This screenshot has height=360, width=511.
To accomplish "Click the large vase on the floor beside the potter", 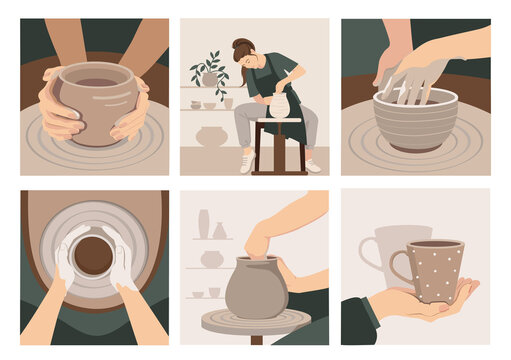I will pos(212,136).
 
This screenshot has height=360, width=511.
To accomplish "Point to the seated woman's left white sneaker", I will pos(246,163).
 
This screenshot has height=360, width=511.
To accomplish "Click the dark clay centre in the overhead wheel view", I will pos(93,255).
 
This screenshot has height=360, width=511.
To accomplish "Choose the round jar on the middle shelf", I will pos(212,259).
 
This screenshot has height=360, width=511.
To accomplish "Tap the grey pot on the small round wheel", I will pos(255,289).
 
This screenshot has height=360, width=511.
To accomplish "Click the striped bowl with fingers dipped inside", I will pos(414,120).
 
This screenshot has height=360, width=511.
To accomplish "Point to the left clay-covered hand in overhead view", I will pos(64,262).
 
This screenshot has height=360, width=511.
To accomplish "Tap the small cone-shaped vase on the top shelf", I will pos(219,230).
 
